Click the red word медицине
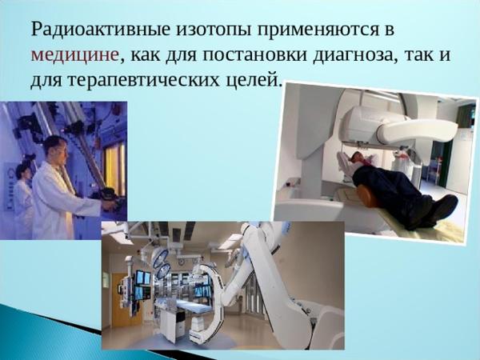click(75, 56)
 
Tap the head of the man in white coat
click(56, 150)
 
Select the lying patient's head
click(356, 158)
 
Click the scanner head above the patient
click(398, 126)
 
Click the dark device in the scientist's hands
click(110, 197)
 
